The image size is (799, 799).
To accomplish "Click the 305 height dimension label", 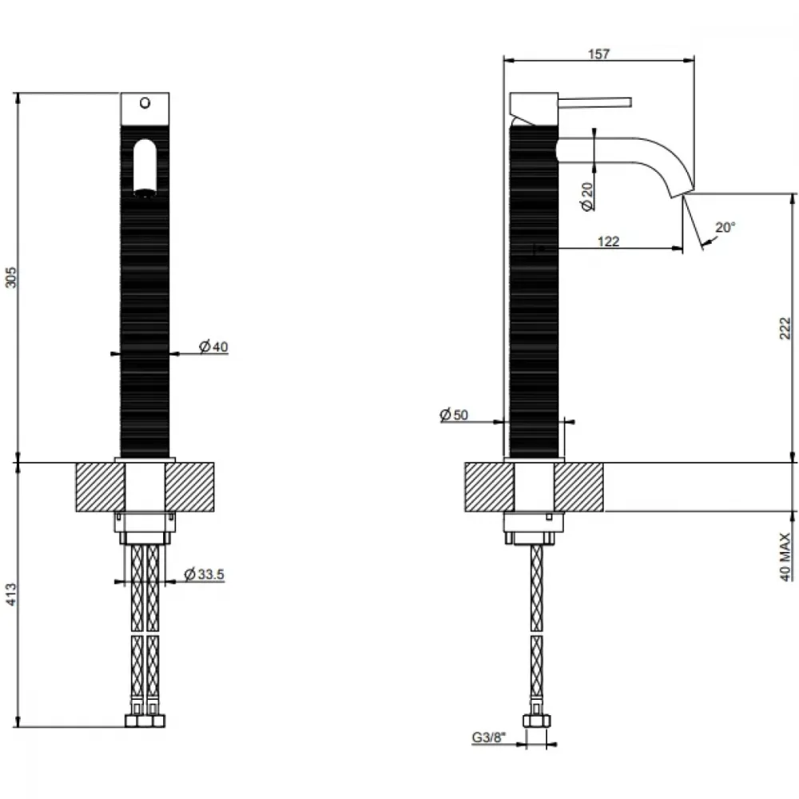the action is coord(11,277).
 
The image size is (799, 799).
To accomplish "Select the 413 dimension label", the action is coord(11,594).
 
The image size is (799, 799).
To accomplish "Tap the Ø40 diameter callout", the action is coord(213,347).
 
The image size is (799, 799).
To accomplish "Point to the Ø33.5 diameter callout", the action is coord(204,574).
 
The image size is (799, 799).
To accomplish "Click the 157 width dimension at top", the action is coord(598,54).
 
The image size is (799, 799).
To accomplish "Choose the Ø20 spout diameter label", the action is coord(587,197).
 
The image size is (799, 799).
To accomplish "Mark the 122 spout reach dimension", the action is coord(608,241).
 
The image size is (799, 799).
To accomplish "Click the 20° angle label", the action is coord(725,227).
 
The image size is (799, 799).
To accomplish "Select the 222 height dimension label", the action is coord(785,328).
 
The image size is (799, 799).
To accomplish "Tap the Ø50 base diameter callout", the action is coord(454,415).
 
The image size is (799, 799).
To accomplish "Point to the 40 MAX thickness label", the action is coord(785,556).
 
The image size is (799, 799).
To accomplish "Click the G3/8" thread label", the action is coord(489,737).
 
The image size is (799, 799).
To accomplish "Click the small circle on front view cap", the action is coord(145,103).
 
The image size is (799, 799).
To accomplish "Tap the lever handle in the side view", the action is coord(594,102).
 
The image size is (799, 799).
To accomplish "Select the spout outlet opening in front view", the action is coord(145,193).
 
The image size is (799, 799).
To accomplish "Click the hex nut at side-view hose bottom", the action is coord(537,721).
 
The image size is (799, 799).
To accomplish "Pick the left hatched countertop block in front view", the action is coord(101,487).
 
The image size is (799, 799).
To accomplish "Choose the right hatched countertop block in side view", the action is coord(578,487).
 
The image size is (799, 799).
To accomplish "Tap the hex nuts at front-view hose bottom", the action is coord(145,721).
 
